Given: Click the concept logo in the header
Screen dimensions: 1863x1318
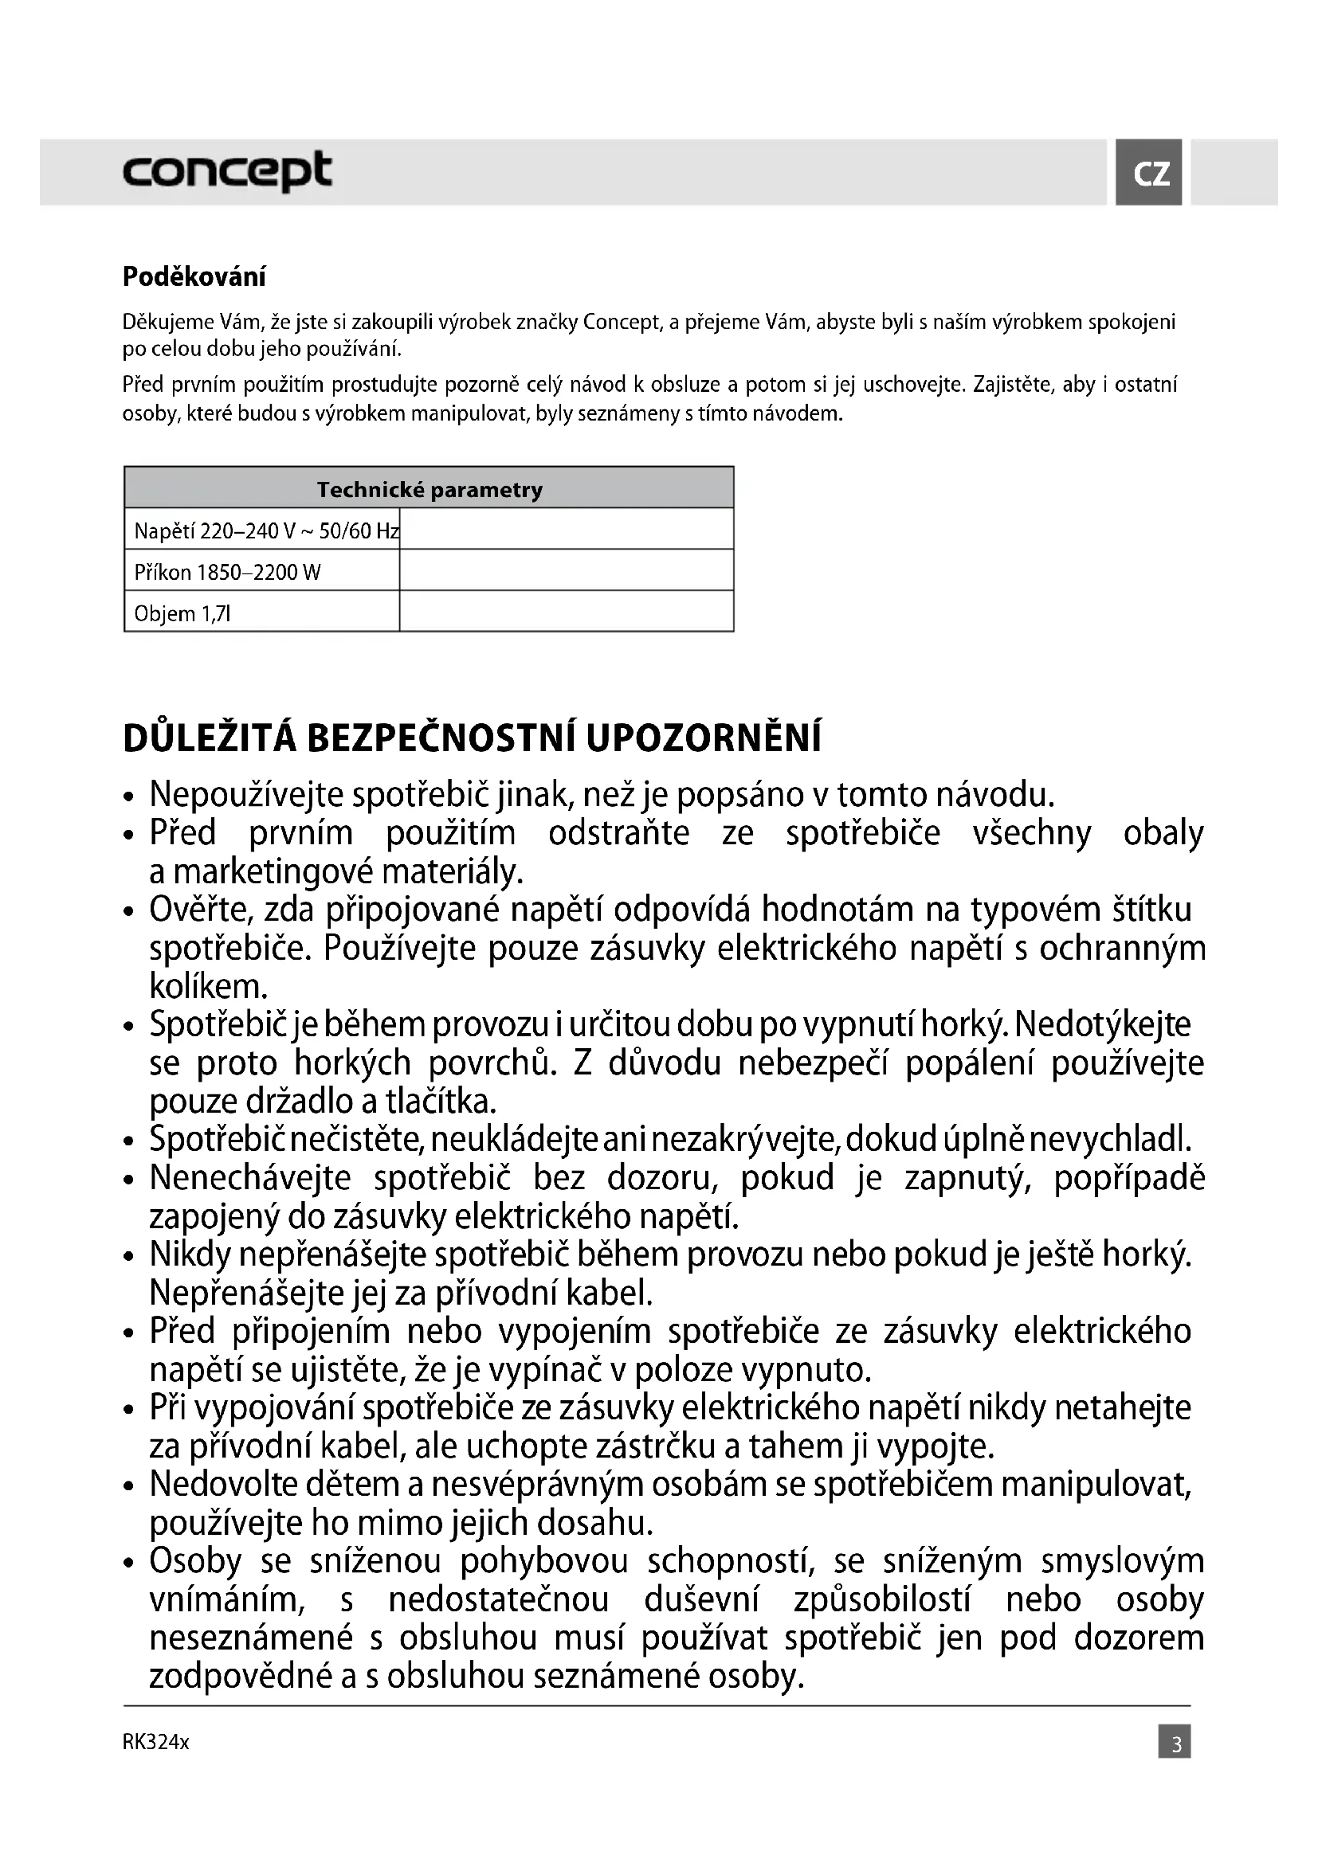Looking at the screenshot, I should click(x=227, y=171).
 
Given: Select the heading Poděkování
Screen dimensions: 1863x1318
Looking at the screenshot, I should click(x=194, y=277).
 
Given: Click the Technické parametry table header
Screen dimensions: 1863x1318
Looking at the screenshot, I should click(x=429, y=489).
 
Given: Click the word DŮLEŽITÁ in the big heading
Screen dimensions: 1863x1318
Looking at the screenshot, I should click(x=210, y=738).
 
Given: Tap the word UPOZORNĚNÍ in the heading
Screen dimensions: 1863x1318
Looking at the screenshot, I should click(x=703, y=738).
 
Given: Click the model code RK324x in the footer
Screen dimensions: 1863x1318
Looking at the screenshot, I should click(x=156, y=1742).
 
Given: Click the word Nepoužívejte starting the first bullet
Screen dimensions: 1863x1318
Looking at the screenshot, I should click(x=247, y=795).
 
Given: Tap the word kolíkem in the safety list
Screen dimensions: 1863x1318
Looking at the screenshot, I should click(x=209, y=987).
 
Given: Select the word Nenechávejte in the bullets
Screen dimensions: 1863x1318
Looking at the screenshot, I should click(x=250, y=1178).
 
